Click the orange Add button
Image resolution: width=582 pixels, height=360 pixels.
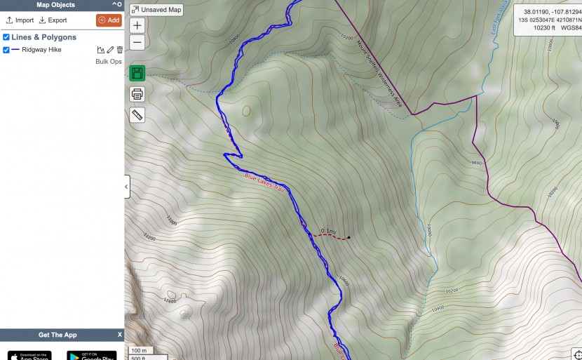tap(109, 20)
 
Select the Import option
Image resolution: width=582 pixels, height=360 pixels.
tap(20, 20)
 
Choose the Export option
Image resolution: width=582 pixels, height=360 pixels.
tap(53, 20)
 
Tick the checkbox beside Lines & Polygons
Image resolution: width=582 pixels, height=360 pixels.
tap(6, 37)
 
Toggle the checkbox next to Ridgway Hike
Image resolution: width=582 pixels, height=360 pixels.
tap(6, 50)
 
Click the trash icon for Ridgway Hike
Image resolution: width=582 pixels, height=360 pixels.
tap(120, 50)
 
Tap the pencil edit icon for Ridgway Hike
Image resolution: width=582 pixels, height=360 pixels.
tap(110, 50)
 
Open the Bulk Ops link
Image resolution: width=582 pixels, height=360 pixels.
tap(109, 62)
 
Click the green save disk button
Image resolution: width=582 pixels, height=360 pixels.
tap(137, 73)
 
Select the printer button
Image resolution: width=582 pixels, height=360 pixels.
tap(137, 94)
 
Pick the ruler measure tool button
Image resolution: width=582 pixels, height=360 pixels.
tap(137, 115)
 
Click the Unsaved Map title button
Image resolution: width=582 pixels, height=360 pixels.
tap(156, 10)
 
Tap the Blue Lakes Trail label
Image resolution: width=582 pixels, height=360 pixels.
tap(262, 180)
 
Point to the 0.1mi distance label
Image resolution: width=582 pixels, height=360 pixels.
tap(328, 231)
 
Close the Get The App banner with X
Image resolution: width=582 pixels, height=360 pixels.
tap(120, 335)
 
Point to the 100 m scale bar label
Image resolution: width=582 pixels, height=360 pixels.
tap(140, 350)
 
